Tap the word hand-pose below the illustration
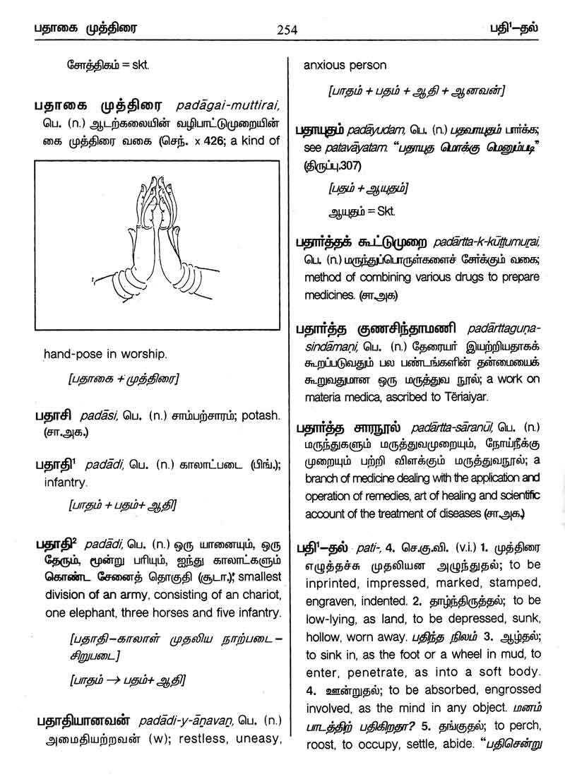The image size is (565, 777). (71, 352)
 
